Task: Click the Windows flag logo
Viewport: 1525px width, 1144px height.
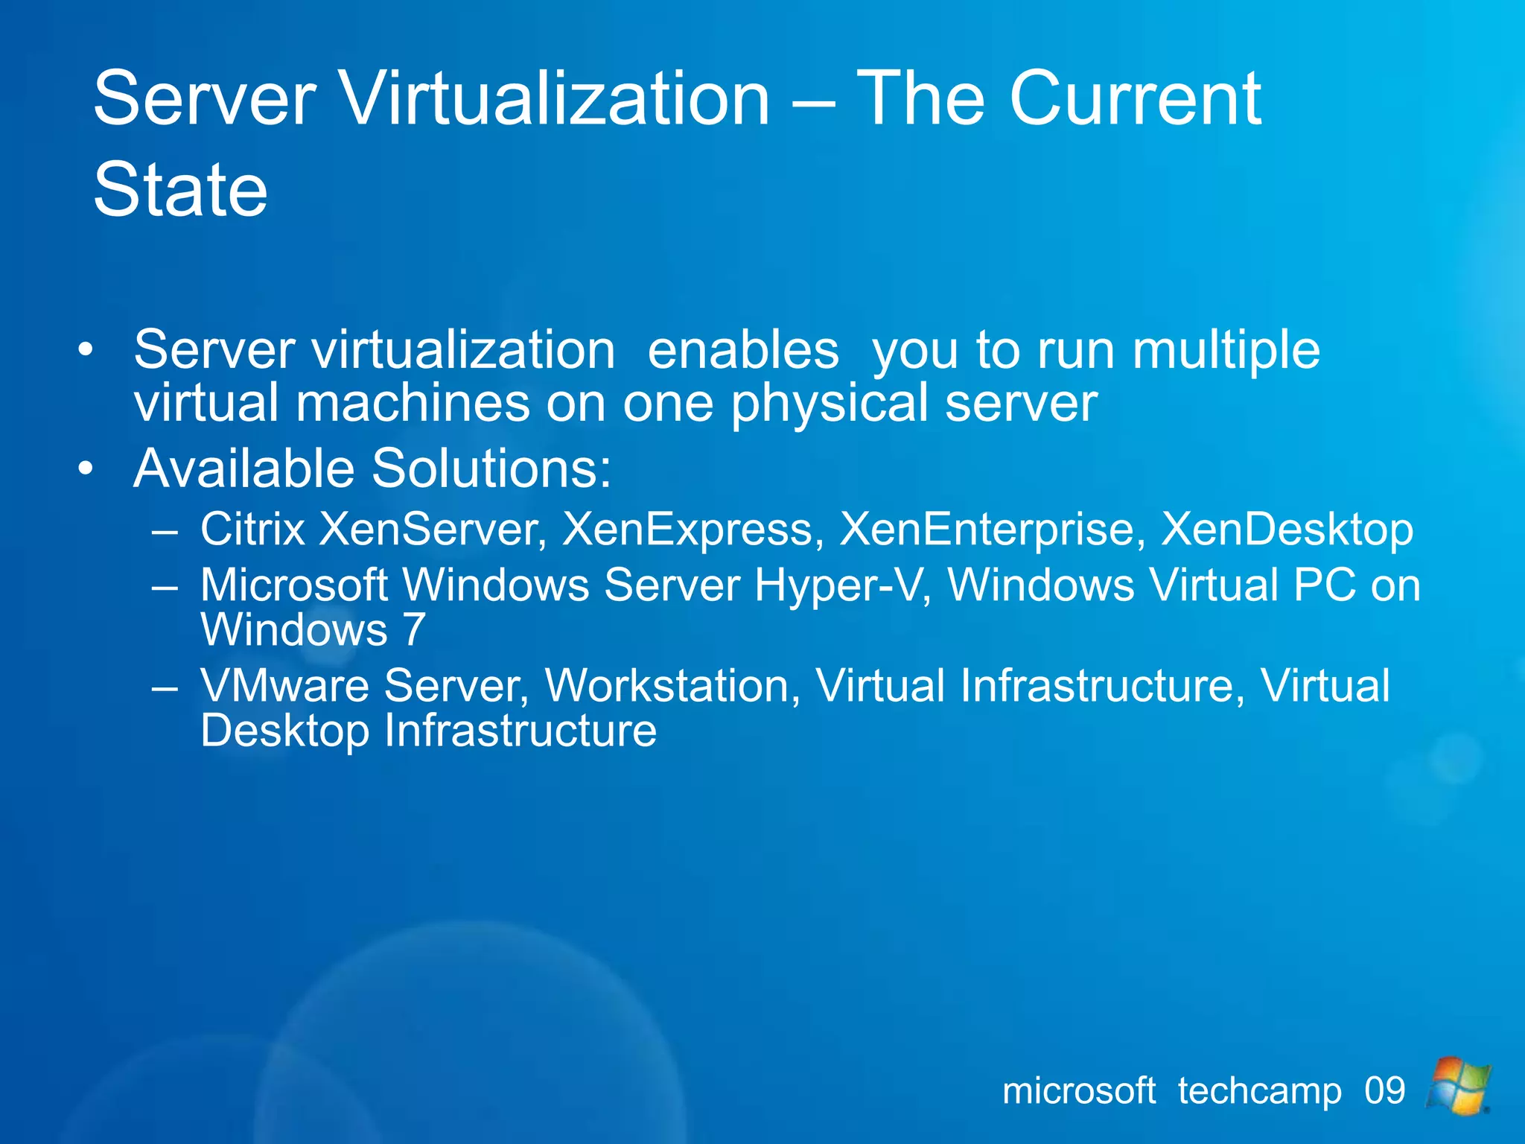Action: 1457,1086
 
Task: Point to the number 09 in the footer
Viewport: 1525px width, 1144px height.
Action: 1384,1091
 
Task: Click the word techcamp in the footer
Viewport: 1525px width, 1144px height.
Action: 1260,1092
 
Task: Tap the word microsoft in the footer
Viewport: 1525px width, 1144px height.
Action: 1079,1091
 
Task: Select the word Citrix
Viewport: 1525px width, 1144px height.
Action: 252,529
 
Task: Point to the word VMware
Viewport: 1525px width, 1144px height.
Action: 284,685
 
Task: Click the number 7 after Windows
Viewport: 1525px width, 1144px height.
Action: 413,630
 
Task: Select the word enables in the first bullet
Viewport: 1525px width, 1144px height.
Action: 743,349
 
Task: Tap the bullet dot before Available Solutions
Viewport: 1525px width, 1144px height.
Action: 86,468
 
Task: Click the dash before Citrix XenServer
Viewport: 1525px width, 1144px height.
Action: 164,531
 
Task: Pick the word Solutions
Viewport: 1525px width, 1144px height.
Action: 491,468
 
